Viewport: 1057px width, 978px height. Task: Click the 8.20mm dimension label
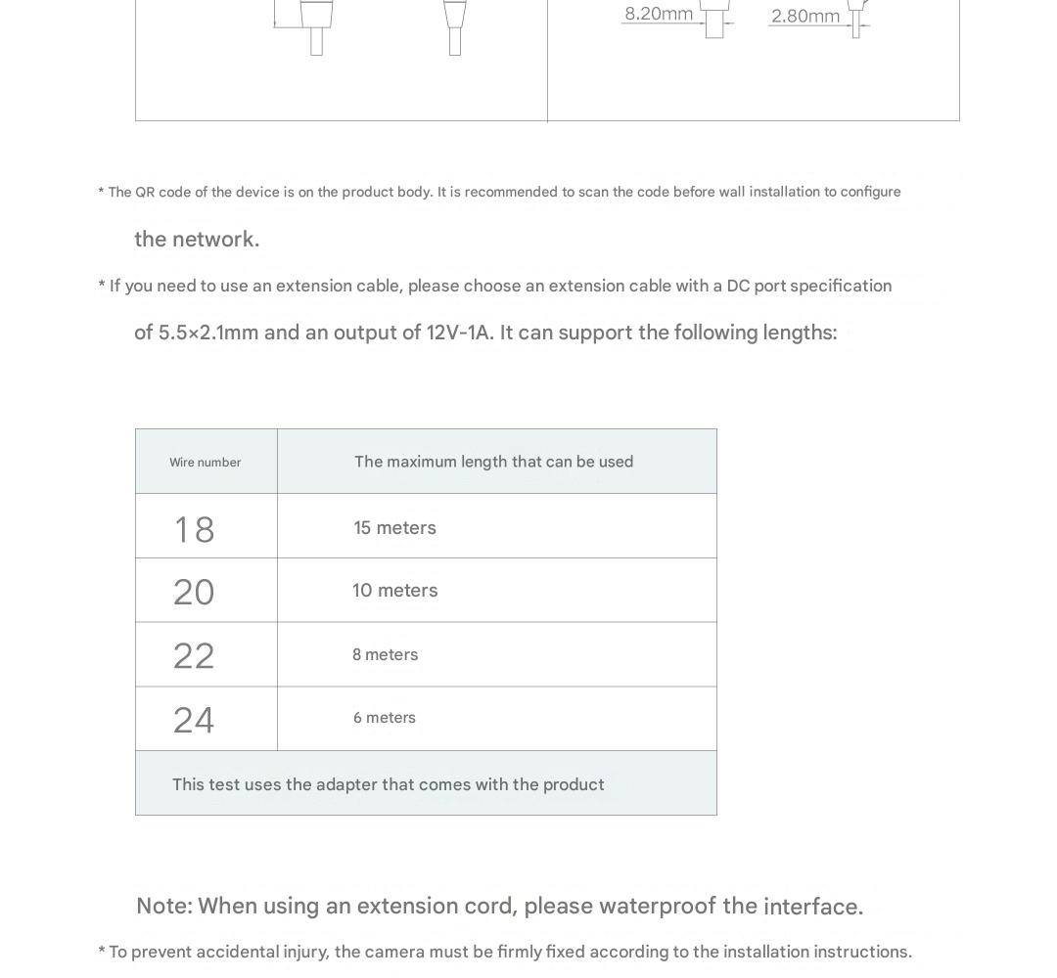[x=659, y=14]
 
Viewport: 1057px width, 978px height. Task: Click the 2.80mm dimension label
[x=804, y=16]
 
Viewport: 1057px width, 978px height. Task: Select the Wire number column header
[x=205, y=462]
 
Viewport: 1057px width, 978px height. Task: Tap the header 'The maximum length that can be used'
[x=493, y=462]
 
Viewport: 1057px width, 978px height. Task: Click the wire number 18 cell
[x=194, y=529]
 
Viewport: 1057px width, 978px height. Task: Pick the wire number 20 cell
[x=194, y=592]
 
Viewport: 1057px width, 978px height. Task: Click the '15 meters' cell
[x=394, y=528]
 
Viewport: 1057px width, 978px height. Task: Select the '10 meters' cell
[x=394, y=591]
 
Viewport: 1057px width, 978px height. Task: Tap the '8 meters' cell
[x=385, y=655]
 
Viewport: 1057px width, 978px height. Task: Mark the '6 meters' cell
[x=385, y=718]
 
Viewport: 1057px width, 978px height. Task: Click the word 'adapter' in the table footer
[x=346, y=784]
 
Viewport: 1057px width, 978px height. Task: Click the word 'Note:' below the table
[x=163, y=906]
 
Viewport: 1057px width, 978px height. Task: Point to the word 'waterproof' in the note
[x=657, y=906]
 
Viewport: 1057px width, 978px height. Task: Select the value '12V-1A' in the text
[x=459, y=333]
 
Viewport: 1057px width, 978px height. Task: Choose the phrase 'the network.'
[x=197, y=240]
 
